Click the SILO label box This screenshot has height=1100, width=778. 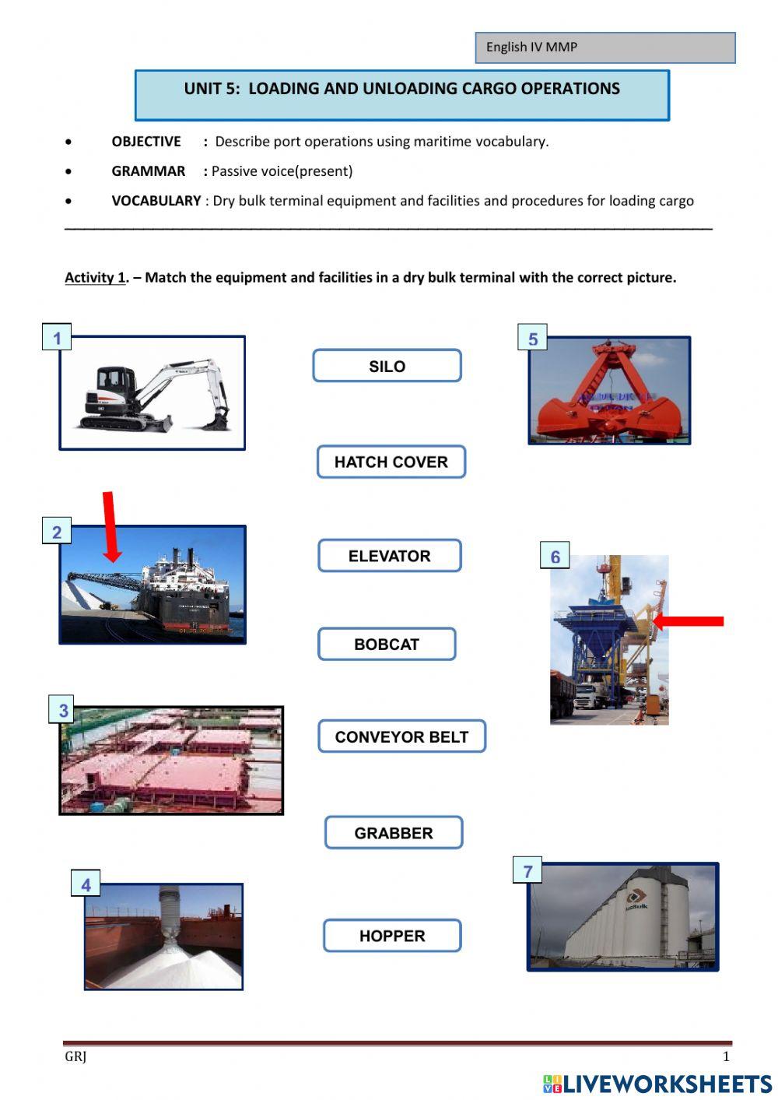coord(387,366)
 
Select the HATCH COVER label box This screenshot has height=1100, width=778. coord(391,462)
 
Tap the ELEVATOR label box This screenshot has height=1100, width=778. coord(389,556)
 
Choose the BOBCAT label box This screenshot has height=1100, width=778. coord(386,645)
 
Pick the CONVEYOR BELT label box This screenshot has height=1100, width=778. coord(401,736)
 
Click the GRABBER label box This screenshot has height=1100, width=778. coord(393,833)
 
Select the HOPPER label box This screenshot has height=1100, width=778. coord(392,936)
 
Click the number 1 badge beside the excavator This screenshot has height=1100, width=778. coord(57,338)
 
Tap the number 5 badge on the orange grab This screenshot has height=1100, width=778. coord(533,339)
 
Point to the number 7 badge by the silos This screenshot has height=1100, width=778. coord(528,870)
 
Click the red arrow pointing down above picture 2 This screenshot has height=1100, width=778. coord(110,526)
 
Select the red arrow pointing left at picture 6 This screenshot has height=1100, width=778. coord(689,621)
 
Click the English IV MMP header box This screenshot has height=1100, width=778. coord(605,47)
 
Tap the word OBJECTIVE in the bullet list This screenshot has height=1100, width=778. coord(146,142)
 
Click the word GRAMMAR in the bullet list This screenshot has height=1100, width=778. coord(148,171)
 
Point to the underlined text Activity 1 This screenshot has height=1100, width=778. coord(95,278)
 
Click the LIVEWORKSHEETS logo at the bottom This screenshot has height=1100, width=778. coord(657,1084)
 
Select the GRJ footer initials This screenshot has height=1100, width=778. coord(75,1056)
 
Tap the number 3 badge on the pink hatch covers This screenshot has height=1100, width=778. coord(64,710)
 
